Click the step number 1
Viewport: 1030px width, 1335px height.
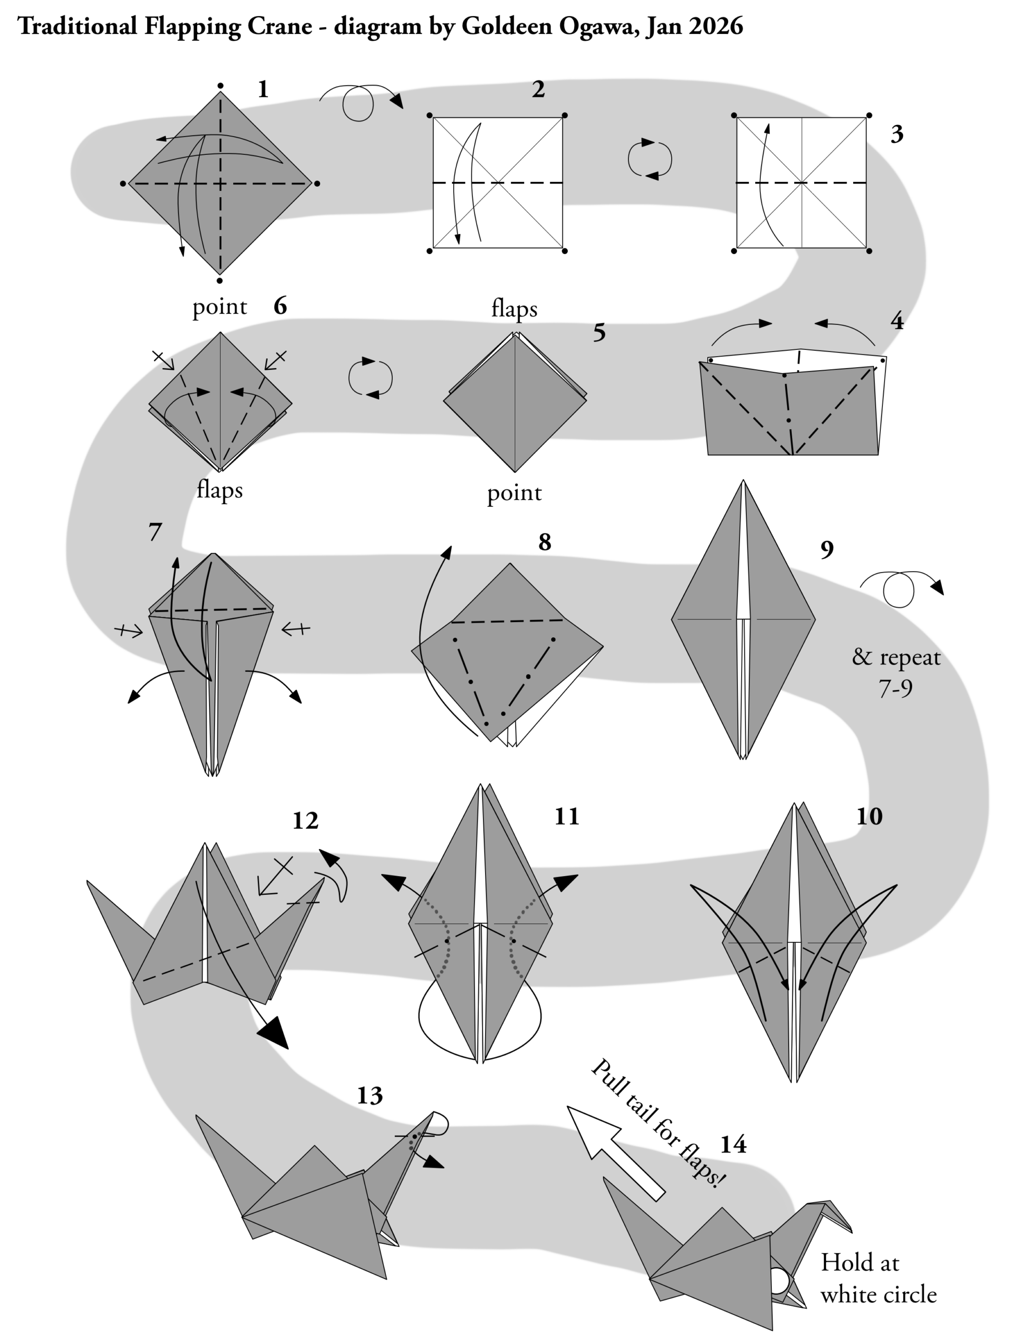point(263,90)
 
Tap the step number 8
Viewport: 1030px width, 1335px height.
point(544,542)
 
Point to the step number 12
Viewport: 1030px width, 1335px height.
point(305,821)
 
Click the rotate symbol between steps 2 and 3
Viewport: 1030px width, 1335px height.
point(650,160)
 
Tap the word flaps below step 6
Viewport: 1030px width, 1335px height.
point(220,490)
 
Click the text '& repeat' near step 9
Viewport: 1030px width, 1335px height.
point(896,658)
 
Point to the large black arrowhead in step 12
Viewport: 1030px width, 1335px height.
point(274,1033)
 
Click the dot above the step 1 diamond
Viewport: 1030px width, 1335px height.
point(220,86)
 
